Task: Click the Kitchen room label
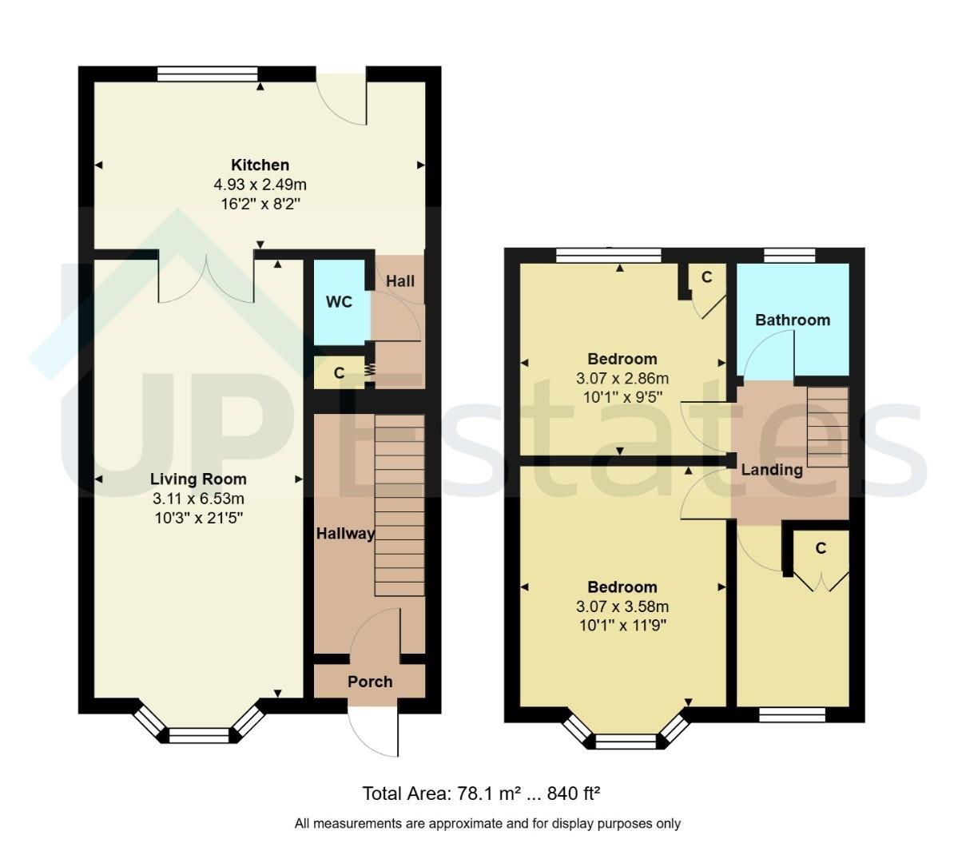point(260,165)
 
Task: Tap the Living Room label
point(198,479)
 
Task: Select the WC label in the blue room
point(339,302)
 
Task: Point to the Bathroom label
point(793,320)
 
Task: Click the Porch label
point(370,682)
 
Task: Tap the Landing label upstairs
point(772,470)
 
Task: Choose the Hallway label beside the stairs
point(346,534)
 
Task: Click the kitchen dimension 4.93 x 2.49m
point(260,185)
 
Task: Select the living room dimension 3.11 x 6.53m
point(198,499)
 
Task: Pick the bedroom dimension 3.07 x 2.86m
point(622,379)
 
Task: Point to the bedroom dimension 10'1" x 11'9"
point(622,626)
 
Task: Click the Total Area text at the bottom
point(481,793)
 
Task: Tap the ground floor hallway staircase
point(399,505)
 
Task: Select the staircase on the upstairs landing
point(828,428)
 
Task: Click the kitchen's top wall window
point(208,74)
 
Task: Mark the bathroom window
point(789,255)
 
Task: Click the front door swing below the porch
point(374,732)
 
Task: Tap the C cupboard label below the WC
point(340,372)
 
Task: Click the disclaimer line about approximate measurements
point(487,824)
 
